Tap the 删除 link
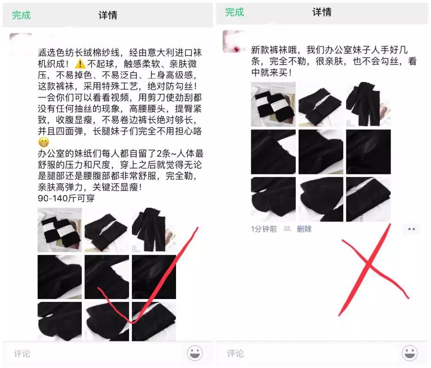[x=304, y=229]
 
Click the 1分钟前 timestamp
[x=264, y=229]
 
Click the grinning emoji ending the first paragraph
[x=43, y=142]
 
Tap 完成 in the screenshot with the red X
[x=234, y=12]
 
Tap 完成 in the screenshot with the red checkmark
[x=21, y=15]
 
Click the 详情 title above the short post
[x=322, y=12]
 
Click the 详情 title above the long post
[x=108, y=15]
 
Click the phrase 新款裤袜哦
[x=272, y=49]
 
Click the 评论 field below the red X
[x=236, y=353]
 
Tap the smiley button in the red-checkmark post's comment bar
[x=195, y=353]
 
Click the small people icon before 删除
[x=287, y=229]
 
